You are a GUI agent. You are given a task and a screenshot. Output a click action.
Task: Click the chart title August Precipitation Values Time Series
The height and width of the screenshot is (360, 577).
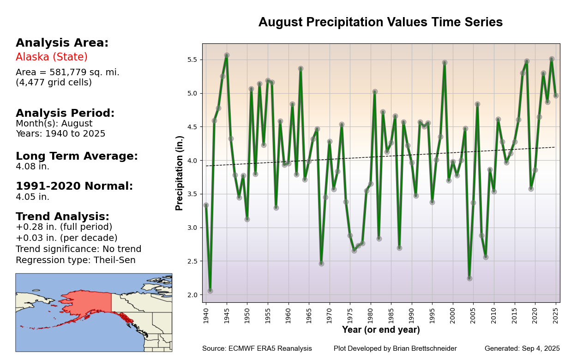tap(380, 23)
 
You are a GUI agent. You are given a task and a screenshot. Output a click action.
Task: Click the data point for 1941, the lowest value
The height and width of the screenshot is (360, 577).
tap(210, 291)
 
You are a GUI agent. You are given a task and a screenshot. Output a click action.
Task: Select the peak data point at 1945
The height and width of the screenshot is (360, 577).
tap(227, 55)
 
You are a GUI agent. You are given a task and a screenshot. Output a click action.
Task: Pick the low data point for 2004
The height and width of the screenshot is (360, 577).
tap(469, 278)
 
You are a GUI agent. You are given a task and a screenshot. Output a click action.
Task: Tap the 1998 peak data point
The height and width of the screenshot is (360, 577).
tap(445, 62)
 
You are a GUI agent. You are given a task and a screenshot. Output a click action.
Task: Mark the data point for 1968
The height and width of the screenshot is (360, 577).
tap(321, 264)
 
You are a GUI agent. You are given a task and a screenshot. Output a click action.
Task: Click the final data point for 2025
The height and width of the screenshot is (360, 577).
tap(556, 96)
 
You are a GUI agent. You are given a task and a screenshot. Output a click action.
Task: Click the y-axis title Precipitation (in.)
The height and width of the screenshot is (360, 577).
tap(180, 173)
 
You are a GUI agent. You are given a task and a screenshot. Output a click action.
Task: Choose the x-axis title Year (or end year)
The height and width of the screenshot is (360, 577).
tap(381, 330)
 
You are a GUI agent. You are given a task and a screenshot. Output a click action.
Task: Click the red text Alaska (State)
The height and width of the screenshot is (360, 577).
tap(52, 57)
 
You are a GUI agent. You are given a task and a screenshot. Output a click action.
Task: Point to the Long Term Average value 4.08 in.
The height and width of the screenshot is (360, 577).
tap(32, 167)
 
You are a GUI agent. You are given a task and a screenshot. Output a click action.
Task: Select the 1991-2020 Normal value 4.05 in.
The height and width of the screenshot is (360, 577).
tap(32, 197)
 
